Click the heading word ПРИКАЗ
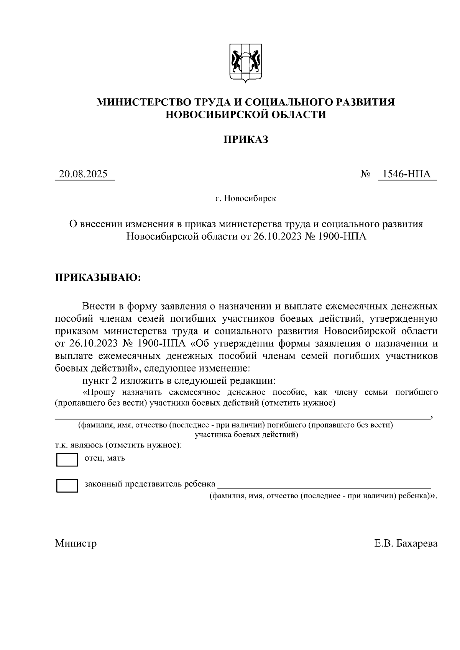[246, 140]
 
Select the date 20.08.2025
[83, 175]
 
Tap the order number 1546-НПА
[407, 175]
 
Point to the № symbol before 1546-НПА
[365, 175]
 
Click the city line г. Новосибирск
[246, 199]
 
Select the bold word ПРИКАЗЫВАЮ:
[98, 277]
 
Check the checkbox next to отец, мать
[67, 460]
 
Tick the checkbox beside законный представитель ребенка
[67, 486]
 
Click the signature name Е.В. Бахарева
[406, 544]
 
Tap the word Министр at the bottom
[76, 544]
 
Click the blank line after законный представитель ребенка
[324, 486]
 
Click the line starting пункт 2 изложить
[179, 381]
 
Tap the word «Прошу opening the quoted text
[101, 393]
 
